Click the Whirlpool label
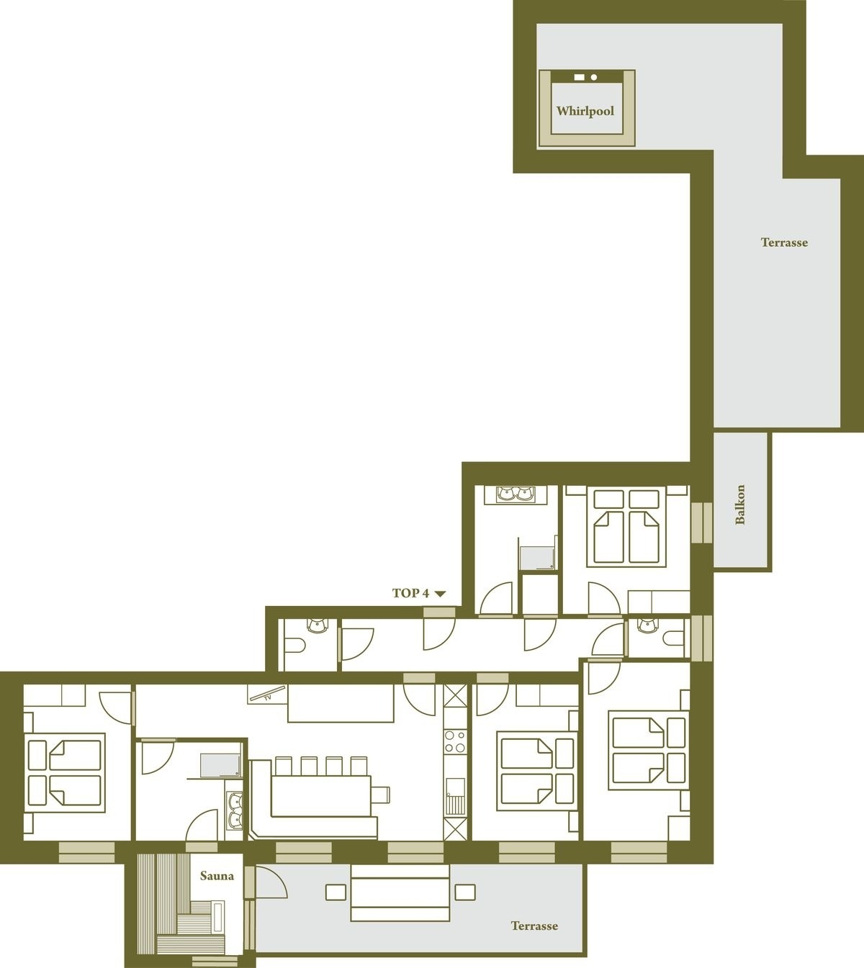[x=585, y=112]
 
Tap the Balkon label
[x=740, y=504]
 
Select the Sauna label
[x=217, y=876]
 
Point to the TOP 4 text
[x=410, y=593]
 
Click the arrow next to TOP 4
[x=440, y=594]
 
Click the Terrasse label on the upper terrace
[x=784, y=243]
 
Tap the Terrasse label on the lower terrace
[x=534, y=926]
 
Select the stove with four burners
[x=455, y=741]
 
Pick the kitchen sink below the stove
[x=455, y=796]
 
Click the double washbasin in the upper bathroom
[x=515, y=494]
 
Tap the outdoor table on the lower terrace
[x=400, y=893]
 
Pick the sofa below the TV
[x=341, y=703]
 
